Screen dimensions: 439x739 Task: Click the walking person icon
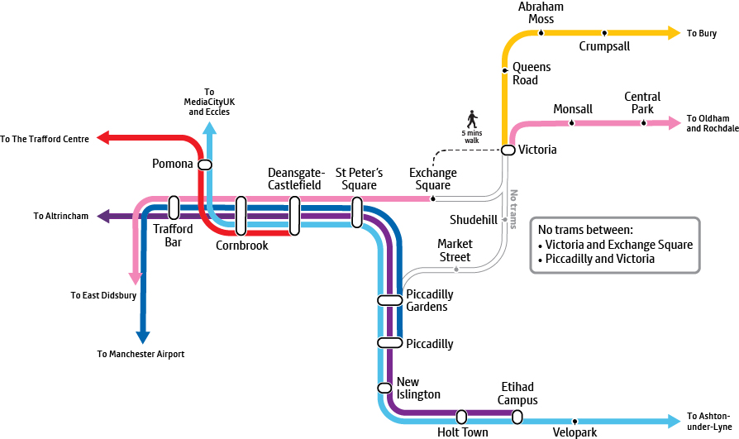coord(472,118)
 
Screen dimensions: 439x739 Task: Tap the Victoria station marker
coord(508,150)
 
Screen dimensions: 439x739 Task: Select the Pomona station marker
coord(205,165)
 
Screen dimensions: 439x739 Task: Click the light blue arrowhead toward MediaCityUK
coord(209,128)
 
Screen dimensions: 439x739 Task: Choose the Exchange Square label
coord(433,179)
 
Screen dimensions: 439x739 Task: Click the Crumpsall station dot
coord(604,33)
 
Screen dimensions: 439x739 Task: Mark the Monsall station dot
coord(572,123)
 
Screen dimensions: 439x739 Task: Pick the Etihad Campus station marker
coord(517,417)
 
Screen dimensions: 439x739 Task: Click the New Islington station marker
coord(384,388)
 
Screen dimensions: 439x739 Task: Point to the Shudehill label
coord(474,220)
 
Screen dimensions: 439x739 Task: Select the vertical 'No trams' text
coord(513,209)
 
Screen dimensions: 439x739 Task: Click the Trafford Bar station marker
coord(174,208)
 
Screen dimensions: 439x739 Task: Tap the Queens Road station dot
coord(505,70)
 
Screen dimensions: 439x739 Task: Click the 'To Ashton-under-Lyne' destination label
coord(708,421)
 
